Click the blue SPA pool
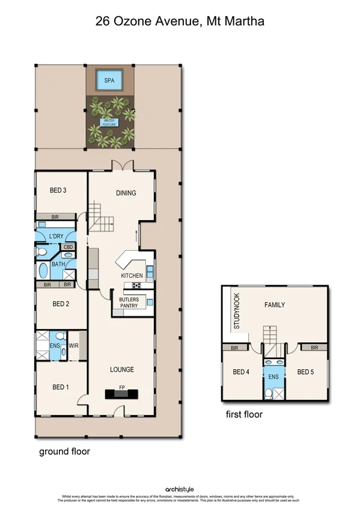point(109,80)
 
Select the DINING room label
point(126,193)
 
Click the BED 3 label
point(58,191)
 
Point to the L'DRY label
point(56,236)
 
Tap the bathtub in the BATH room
point(44,271)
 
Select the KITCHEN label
point(132,275)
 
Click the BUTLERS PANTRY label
point(129,303)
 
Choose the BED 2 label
point(61,304)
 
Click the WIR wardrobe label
point(74,346)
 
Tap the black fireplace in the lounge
point(122,395)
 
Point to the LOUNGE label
point(122,369)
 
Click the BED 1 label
point(60,387)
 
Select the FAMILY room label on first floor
point(275,305)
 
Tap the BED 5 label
point(306,372)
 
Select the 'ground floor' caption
point(64,451)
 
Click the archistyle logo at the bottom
point(180,490)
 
